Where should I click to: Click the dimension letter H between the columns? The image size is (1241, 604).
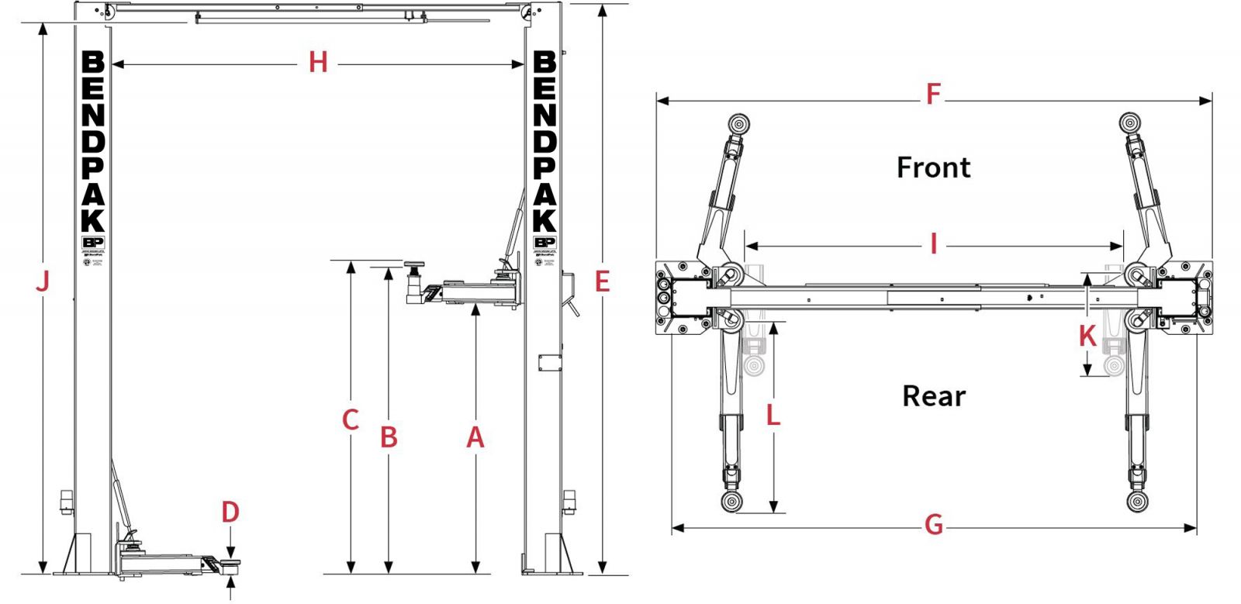(318, 63)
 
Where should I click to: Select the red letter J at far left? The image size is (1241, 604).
(43, 281)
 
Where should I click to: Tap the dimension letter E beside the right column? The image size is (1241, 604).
(603, 281)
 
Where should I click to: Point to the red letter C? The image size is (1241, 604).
(351, 420)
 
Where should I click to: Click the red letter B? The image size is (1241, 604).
(389, 438)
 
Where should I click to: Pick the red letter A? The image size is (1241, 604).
(475, 438)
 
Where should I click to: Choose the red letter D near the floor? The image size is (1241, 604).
(230, 513)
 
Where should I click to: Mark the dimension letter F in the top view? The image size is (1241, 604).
(933, 95)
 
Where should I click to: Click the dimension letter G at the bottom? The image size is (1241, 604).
(934, 526)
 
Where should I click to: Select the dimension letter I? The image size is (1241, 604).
(934, 244)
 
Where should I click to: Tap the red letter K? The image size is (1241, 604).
(1087, 337)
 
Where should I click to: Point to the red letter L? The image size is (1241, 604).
(773, 416)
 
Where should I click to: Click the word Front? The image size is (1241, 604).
(933, 167)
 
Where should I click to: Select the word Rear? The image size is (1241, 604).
(934, 396)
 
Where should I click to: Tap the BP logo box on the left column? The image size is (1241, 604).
(92, 243)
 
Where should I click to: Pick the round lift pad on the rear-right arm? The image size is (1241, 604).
(1137, 501)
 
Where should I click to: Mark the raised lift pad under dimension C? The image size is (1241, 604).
(413, 267)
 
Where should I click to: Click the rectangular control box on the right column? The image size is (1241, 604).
(550, 362)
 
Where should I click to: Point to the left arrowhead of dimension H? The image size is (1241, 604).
(117, 65)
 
